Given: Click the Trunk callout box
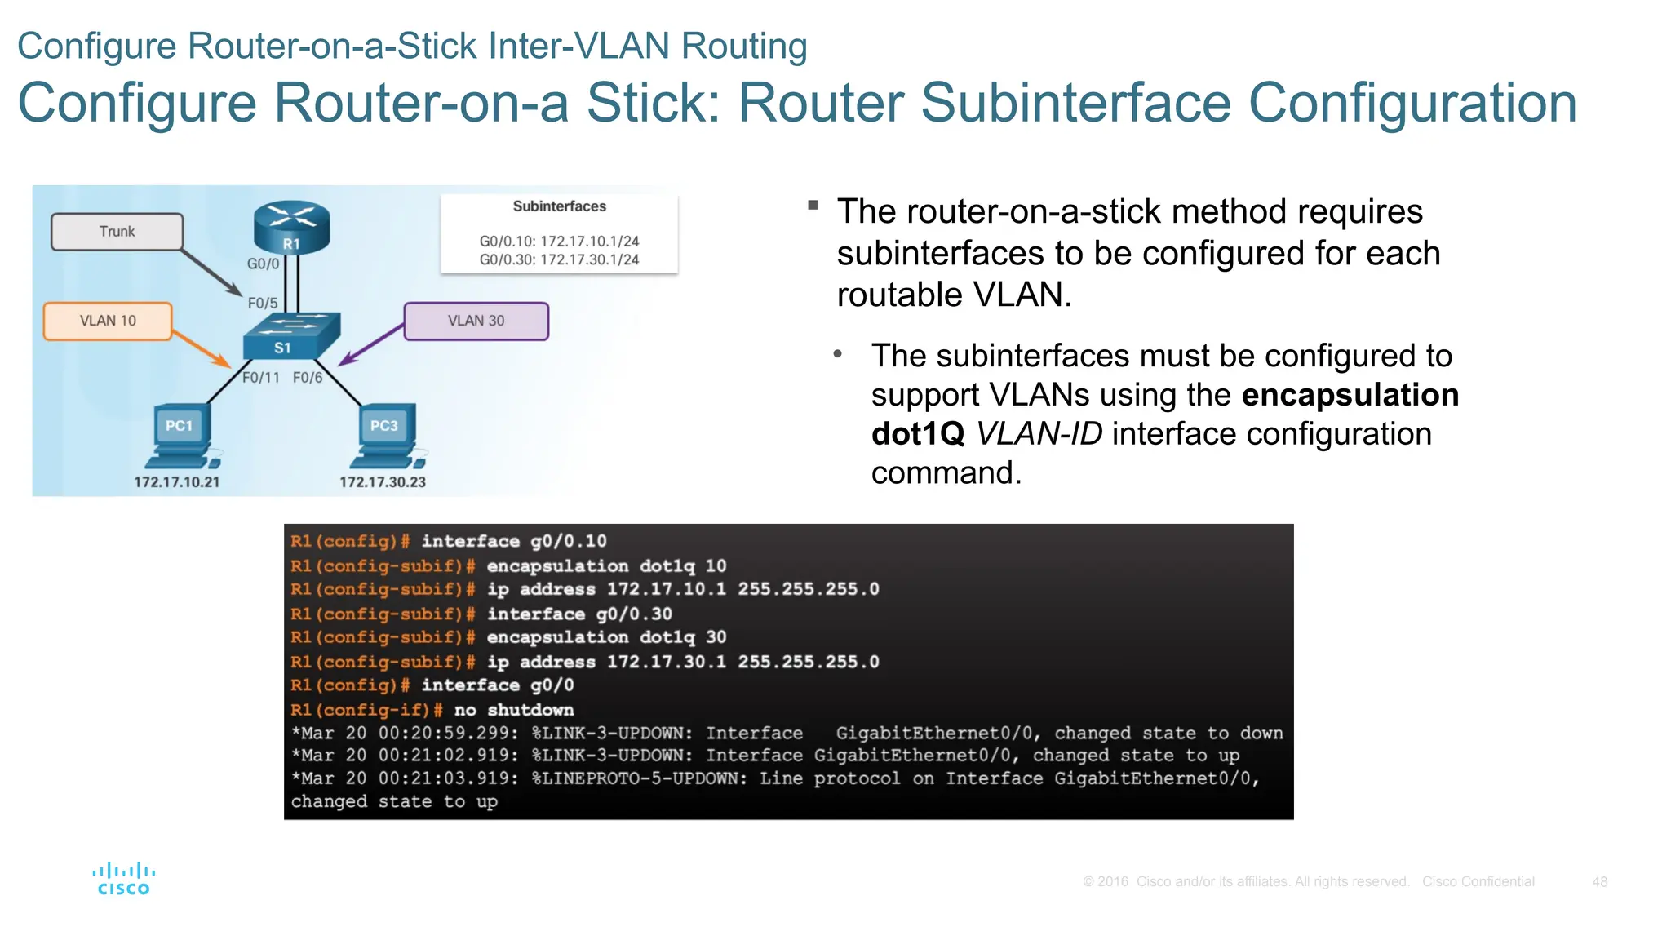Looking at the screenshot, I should [x=117, y=232].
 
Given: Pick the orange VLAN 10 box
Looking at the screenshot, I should [x=108, y=321].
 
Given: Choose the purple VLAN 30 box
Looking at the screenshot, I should [x=476, y=321].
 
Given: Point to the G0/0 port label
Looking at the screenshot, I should [x=263, y=264].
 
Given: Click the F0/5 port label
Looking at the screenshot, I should [x=263, y=303].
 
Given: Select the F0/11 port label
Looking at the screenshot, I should [x=261, y=378].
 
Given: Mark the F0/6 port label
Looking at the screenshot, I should [x=308, y=378].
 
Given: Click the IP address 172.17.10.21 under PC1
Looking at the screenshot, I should [x=177, y=482].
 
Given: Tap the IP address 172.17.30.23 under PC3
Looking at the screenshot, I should [x=383, y=482].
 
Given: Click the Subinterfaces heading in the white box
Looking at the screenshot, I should [x=559, y=206].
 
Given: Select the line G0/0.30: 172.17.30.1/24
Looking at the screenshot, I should [x=559, y=259].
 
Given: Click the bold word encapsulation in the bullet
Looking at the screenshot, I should [x=1350, y=395].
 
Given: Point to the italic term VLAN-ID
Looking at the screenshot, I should [x=1039, y=434].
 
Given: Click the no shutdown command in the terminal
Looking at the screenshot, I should [x=514, y=710].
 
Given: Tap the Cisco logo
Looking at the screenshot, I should [x=123, y=880].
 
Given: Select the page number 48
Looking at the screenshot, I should [x=1599, y=882].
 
